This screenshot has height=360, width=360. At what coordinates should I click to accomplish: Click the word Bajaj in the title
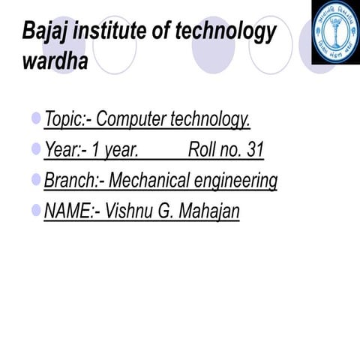coord(43,33)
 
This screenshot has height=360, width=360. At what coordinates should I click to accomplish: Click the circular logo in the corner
coord(335,32)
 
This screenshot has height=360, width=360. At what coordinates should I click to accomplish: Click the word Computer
coord(131,120)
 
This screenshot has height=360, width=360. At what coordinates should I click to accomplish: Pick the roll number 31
coord(254,151)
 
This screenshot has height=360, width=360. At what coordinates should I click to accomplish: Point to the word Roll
coord(203,151)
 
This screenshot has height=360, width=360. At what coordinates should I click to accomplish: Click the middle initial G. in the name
coord(166,212)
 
